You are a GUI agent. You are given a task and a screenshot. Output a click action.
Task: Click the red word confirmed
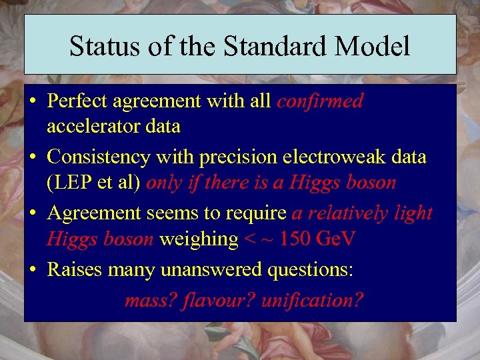pos(320,101)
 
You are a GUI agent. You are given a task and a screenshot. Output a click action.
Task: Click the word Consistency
pos(99,157)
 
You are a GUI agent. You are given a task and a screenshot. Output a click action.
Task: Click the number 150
pos(296,238)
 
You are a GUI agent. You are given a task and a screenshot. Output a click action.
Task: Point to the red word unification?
pos(312,300)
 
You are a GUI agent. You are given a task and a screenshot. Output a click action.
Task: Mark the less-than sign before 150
pos(249,239)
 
